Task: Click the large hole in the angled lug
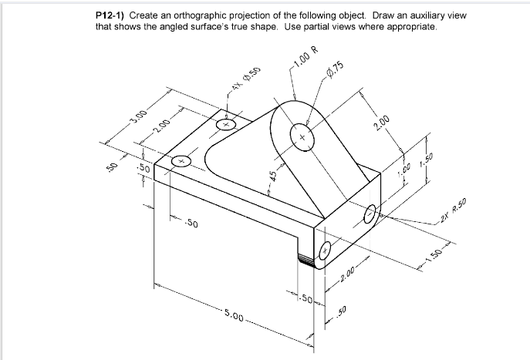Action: (x=301, y=138)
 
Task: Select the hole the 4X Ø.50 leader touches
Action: (x=226, y=123)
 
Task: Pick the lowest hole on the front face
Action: (x=325, y=251)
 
